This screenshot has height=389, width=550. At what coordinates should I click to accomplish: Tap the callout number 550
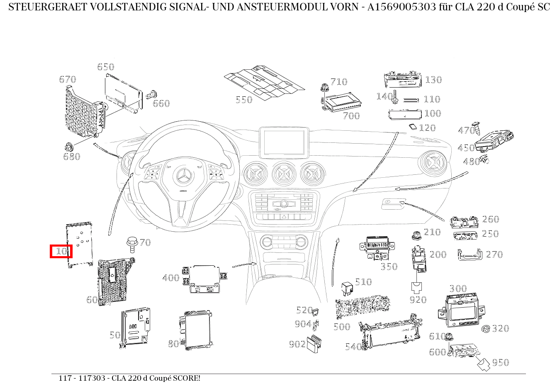244,100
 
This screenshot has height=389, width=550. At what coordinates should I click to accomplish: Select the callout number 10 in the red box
61,251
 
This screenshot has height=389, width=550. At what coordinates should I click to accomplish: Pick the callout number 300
458,289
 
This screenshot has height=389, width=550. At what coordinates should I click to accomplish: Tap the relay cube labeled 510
347,289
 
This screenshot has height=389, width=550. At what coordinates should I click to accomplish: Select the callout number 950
500,362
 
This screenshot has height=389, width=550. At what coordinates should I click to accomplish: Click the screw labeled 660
152,95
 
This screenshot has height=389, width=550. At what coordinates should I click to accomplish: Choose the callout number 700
351,116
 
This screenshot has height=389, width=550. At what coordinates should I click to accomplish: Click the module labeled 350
376,247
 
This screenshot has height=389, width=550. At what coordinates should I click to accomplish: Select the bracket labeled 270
470,254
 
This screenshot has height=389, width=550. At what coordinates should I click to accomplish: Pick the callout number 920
417,299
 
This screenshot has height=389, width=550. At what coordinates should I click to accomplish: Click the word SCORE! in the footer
187,378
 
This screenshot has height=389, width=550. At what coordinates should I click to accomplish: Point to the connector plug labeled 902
315,344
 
